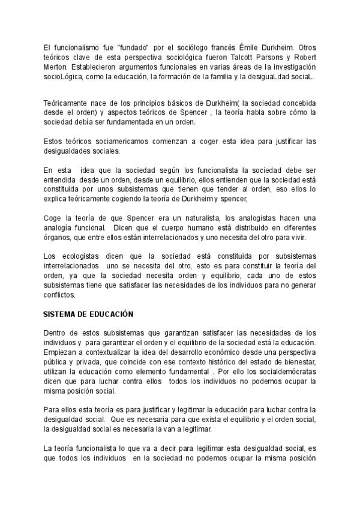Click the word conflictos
click(x=59, y=295)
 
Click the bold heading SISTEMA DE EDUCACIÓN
click(x=88, y=314)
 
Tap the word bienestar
click(x=299, y=362)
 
